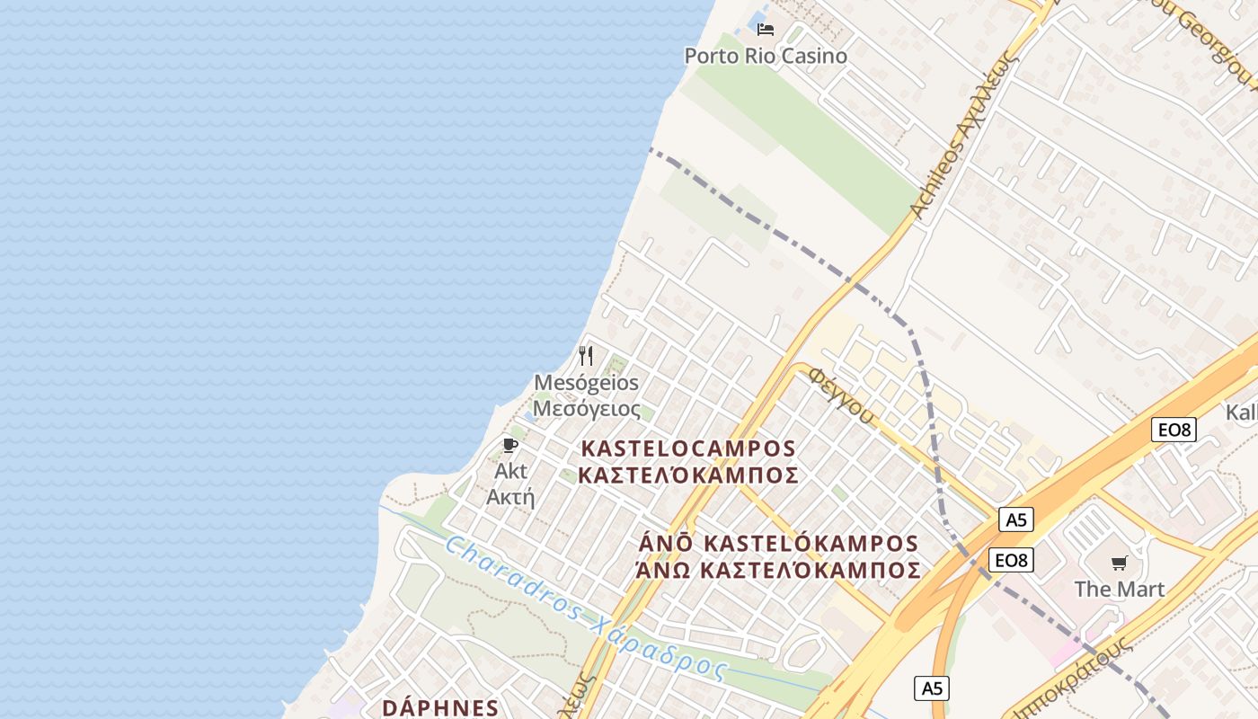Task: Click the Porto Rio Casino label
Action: tap(766, 56)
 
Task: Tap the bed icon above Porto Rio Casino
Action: tap(766, 30)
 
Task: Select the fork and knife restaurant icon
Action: tap(586, 356)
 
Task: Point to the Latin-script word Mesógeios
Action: tap(586, 383)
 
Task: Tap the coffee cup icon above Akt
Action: tap(510, 446)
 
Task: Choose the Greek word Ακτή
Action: tap(510, 497)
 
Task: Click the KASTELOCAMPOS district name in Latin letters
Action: tap(688, 448)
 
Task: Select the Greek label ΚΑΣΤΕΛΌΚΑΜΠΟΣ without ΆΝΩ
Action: tap(688, 475)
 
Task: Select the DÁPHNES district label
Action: tap(440, 707)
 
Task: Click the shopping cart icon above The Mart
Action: tap(1119, 564)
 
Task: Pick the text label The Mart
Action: tap(1119, 590)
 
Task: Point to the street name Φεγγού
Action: tap(841, 395)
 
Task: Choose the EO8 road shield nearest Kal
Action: tap(1174, 430)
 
